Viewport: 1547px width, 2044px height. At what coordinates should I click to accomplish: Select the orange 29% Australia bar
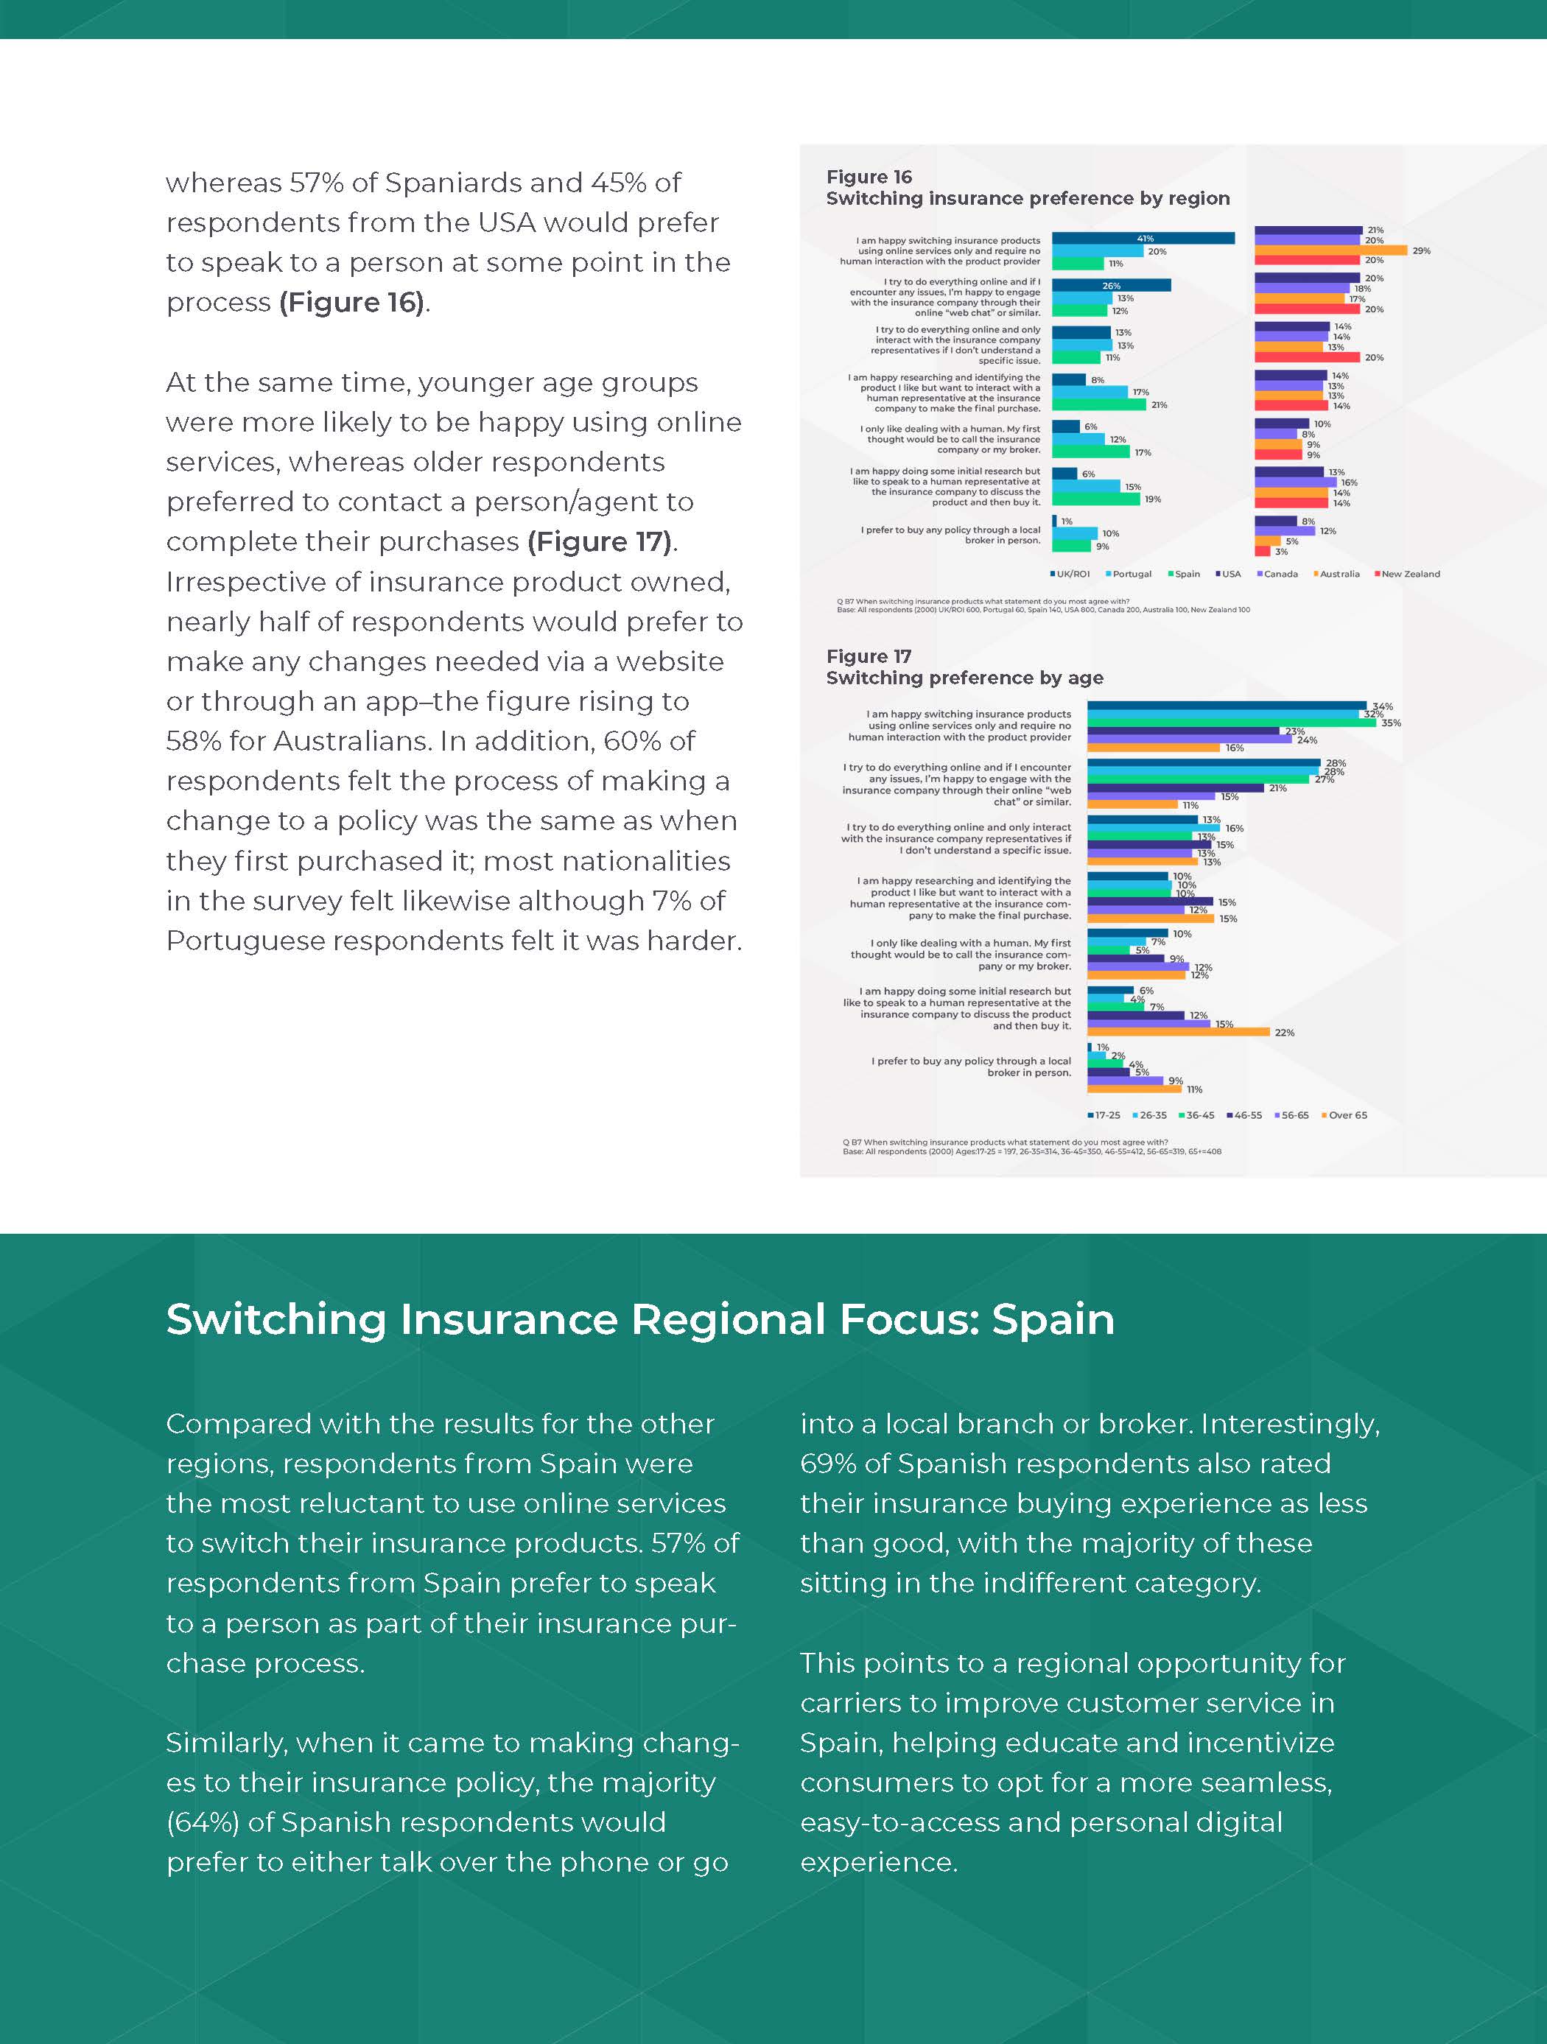pos(1330,250)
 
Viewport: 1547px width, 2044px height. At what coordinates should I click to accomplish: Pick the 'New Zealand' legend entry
pos(1409,574)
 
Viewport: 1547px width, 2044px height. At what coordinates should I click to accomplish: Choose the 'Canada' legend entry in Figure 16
pos(1280,574)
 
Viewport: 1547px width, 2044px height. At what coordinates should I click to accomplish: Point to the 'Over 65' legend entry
pos(1347,1115)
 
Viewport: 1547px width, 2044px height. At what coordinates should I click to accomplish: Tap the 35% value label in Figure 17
pos(1391,723)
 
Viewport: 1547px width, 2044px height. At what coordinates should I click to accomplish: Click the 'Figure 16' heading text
pos(869,177)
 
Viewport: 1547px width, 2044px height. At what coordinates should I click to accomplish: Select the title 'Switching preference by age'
pos(964,678)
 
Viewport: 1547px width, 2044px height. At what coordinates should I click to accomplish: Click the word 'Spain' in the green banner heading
pos(1053,1319)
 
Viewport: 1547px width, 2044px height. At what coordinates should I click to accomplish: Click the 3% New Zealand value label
pos(1281,552)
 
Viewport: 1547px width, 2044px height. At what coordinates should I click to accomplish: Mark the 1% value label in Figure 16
pos(1067,522)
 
